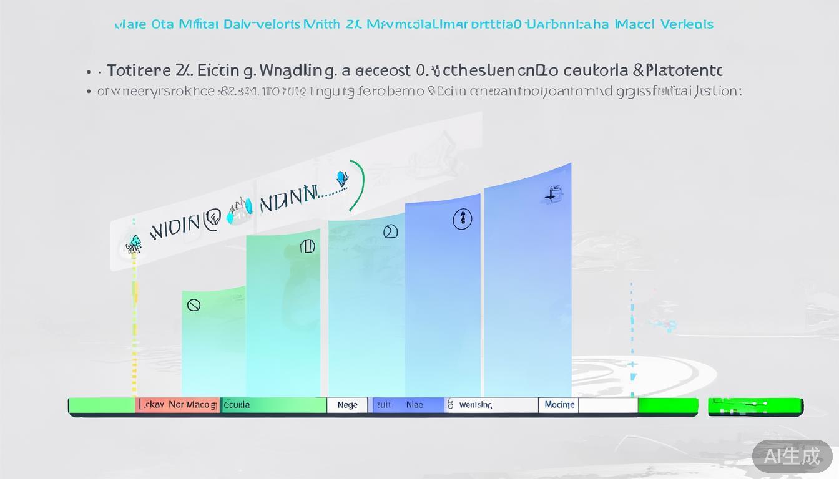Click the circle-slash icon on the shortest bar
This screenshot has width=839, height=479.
[194, 305]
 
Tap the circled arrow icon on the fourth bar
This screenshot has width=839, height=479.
[462, 219]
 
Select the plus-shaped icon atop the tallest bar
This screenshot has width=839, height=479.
[552, 195]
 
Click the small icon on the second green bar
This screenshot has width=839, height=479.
[307, 246]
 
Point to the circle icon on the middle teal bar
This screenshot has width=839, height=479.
[390, 232]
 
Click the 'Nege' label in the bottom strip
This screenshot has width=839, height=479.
[348, 405]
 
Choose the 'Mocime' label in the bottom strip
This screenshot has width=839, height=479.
[559, 405]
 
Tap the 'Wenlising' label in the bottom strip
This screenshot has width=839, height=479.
[476, 405]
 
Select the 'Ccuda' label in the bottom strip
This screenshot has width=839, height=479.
[237, 405]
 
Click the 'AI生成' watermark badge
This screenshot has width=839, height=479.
[792, 456]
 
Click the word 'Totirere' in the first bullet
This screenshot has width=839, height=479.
[137, 70]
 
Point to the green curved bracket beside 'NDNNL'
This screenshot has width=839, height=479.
[358, 186]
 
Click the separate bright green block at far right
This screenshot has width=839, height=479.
[755, 406]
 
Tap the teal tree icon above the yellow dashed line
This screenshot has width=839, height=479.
[134, 244]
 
